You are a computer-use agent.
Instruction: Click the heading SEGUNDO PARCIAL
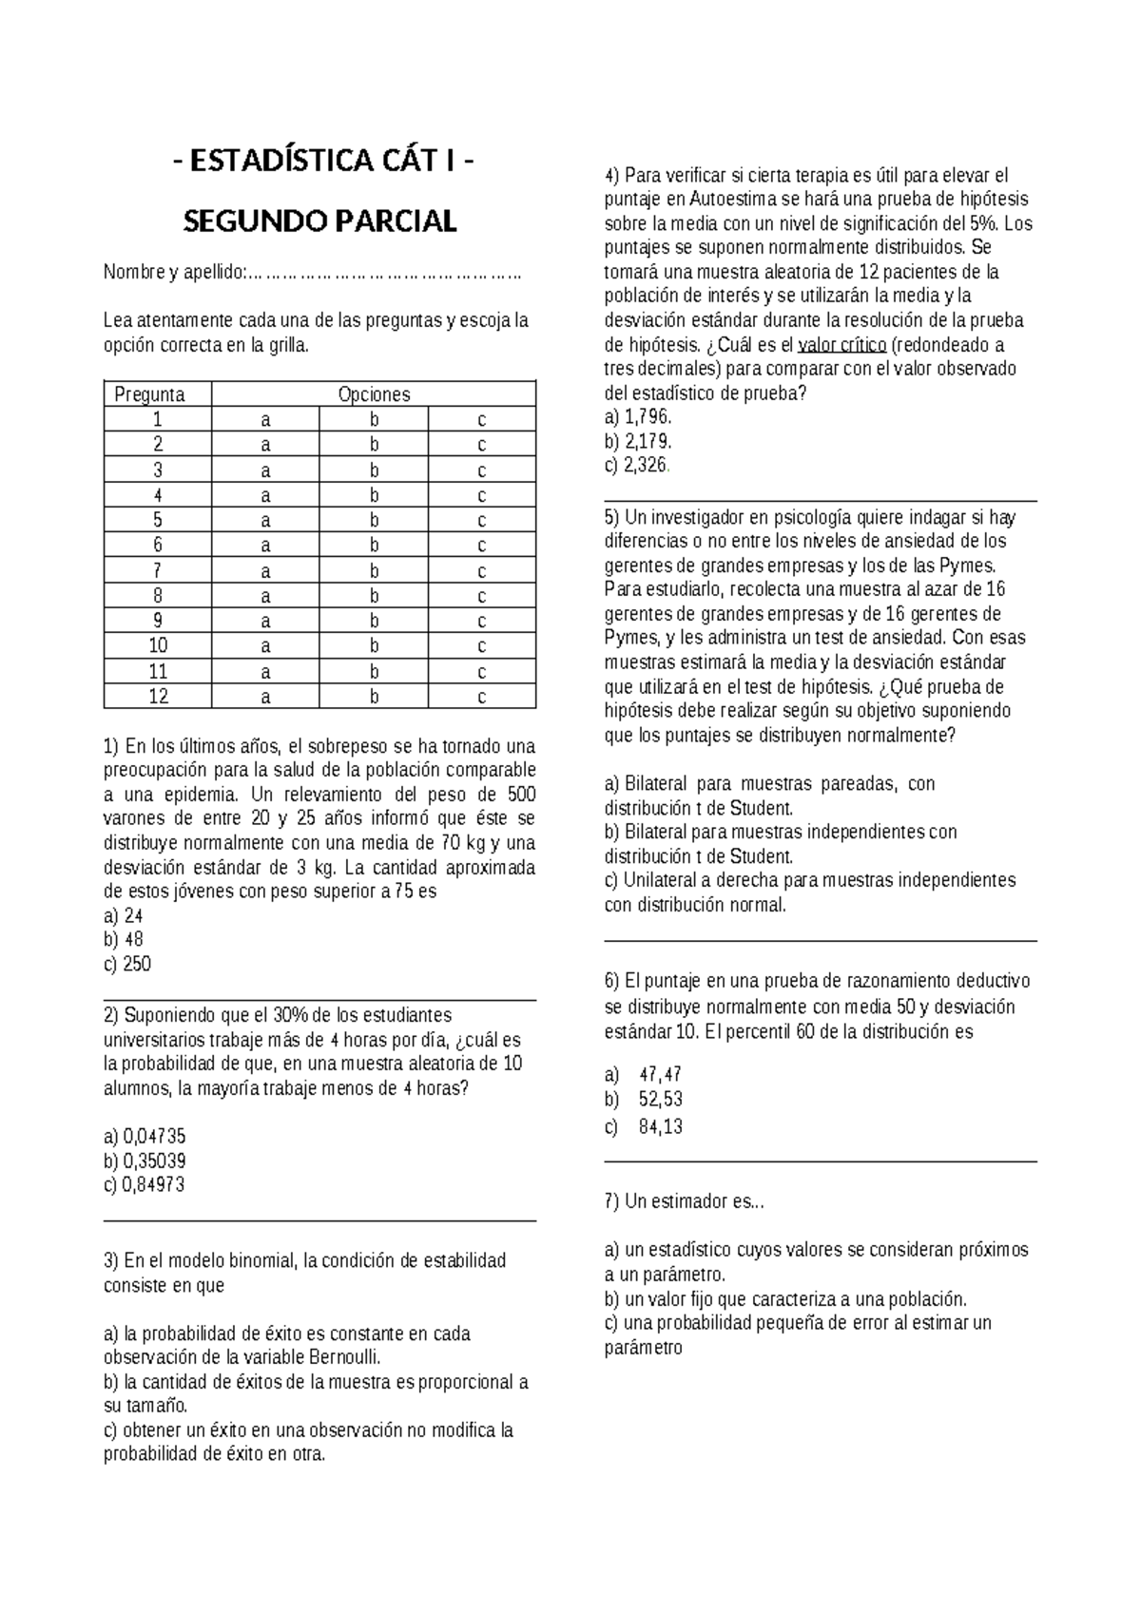click(319, 221)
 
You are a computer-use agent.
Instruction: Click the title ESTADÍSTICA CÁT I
click(319, 163)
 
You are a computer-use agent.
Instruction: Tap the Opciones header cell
click(374, 394)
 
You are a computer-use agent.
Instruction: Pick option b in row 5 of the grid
click(374, 520)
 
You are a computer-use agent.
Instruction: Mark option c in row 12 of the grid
click(482, 697)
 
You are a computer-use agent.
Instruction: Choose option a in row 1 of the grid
click(265, 419)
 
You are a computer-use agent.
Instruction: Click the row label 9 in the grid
click(158, 621)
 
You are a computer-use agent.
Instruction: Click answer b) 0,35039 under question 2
click(145, 1161)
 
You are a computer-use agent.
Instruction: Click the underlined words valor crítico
click(841, 344)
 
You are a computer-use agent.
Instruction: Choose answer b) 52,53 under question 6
click(644, 1100)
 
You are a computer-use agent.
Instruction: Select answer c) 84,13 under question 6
click(644, 1127)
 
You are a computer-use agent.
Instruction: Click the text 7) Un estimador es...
click(683, 1201)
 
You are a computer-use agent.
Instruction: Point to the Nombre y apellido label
click(173, 274)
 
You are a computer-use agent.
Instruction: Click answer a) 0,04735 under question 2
click(145, 1137)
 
